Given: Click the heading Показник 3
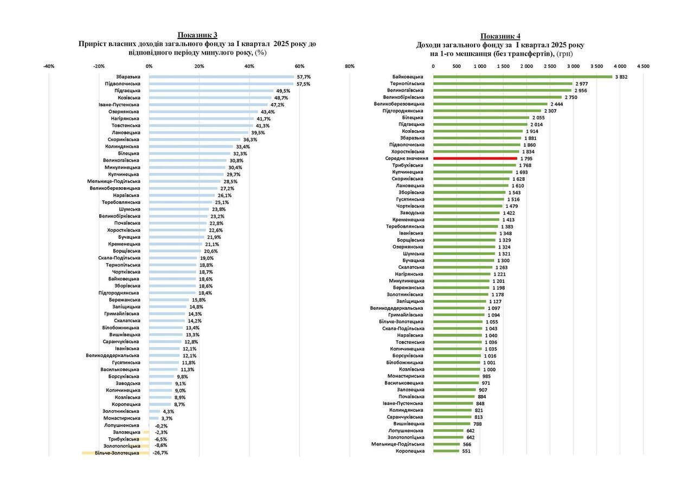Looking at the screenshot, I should click(x=198, y=35).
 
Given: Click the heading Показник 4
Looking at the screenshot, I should click(x=500, y=36).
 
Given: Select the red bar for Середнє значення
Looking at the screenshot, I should click(x=475, y=158).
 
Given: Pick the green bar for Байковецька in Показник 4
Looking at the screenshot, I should click(x=522, y=77).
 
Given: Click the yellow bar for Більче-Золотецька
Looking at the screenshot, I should click(x=115, y=452).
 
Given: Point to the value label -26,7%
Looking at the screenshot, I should click(x=160, y=452).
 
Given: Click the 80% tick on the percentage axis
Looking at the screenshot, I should click(x=350, y=66).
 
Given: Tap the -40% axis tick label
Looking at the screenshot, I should click(x=49, y=66).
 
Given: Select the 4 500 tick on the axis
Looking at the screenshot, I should click(x=643, y=66).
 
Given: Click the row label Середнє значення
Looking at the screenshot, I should click(x=407, y=158).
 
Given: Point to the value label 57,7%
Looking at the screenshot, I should click(x=304, y=77).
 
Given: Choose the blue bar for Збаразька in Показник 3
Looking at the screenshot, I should click(x=221, y=77).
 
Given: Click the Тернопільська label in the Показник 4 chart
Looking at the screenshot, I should click(x=407, y=84).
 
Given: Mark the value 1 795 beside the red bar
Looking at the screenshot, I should click(x=526, y=158).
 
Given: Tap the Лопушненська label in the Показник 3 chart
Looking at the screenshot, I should click(x=122, y=425).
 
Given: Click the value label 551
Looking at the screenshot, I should click(x=466, y=451).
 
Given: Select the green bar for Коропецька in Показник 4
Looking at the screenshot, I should click(x=446, y=451).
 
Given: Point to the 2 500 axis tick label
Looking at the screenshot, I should click(x=550, y=66).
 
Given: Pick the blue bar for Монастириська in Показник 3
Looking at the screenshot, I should click(x=154, y=418).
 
